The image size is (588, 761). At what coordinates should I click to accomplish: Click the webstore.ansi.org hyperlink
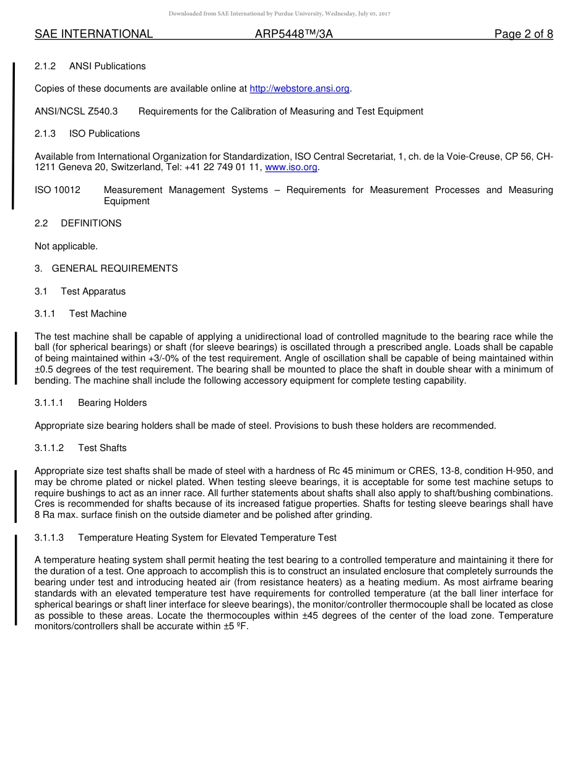[x=300, y=89]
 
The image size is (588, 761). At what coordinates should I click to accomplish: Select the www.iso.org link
[x=291, y=168]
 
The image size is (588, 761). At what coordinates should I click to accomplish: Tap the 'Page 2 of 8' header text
[x=523, y=35]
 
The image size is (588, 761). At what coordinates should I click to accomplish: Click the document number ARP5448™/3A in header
[x=294, y=35]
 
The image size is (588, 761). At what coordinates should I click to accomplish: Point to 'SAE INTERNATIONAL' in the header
[x=93, y=35]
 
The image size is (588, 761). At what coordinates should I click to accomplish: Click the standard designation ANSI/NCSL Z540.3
[x=76, y=111]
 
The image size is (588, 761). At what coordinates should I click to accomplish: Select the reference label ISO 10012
[x=58, y=190]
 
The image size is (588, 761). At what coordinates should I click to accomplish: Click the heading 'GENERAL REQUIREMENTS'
[x=115, y=269]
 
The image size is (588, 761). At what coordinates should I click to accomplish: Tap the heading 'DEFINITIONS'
[x=91, y=223]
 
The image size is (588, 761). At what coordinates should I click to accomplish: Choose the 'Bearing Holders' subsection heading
[x=112, y=403]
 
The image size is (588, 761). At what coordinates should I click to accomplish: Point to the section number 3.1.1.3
[x=50, y=538]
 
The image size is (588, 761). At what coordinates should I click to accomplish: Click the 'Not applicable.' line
[x=66, y=246]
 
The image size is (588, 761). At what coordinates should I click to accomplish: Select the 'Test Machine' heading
[x=98, y=314]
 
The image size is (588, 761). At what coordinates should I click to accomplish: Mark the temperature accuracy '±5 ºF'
[x=236, y=627]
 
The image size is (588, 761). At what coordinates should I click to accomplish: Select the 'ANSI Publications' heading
[x=107, y=66]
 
